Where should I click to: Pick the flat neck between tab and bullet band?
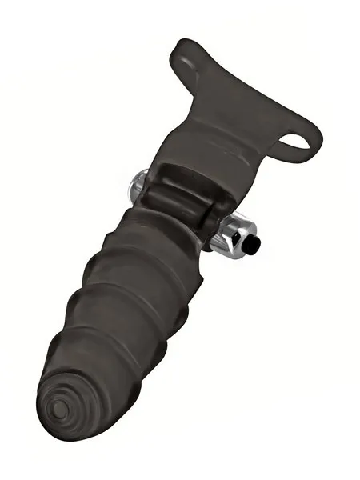216,136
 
